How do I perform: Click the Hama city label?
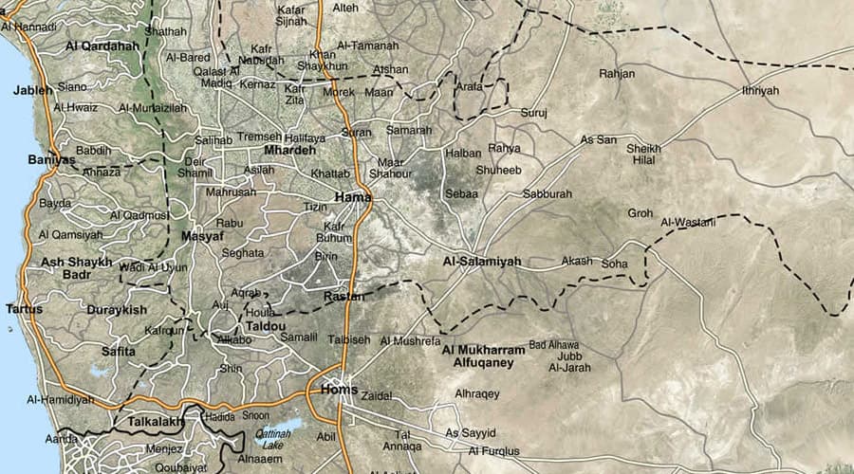pyautogui.click(x=352, y=197)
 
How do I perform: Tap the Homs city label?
pyautogui.click(x=340, y=390)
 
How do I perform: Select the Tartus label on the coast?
pyautogui.click(x=24, y=309)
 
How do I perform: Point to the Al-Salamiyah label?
pyautogui.click(x=482, y=261)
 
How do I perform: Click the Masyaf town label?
pyautogui.click(x=201, y=236)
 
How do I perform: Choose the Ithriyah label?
pyautogui.click(x=760, y=90)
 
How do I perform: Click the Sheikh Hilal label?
pyautogui.click(x=643, y=154)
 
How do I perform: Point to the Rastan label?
pyautogui.click(x=343, y=297)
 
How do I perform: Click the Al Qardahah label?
pyautogui.click(x=102, y=45)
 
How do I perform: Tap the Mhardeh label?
pyautogui.click(x=290, y=151)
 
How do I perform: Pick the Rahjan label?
pyautogui.click(x=617, y=73)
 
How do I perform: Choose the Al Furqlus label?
pyautogui.click(x=494, y=450)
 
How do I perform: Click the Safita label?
pyautogui.click(x=119, y=351)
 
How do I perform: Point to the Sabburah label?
pyautogui.click(x=548, y=193)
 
